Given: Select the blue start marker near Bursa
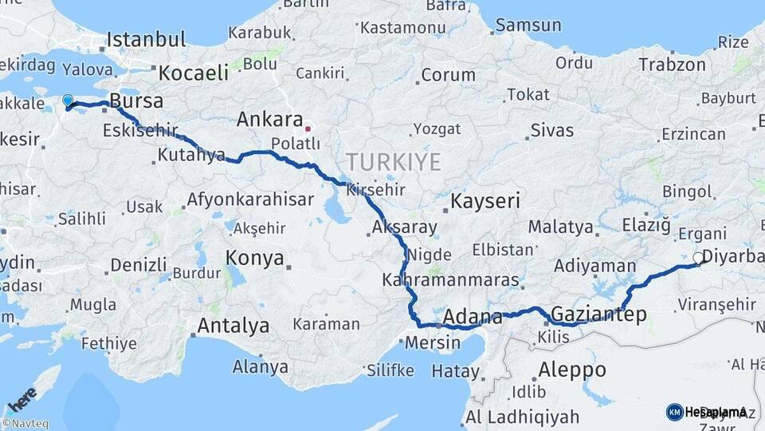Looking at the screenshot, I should pos(68,101).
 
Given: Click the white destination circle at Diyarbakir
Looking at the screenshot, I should pos(698,258).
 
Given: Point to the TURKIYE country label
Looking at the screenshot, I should pos(394,163).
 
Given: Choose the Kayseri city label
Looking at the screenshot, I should pos(486,201).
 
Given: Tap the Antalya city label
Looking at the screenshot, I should pos(233,326).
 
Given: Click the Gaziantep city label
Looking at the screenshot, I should pos(598,314).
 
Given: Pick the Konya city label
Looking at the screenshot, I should pos(255,258).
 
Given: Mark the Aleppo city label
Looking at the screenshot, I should pos(572,370).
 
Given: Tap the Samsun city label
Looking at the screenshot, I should pos(524,26).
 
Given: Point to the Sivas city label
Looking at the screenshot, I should pos(552,129).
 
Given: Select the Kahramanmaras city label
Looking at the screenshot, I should pos(451,281).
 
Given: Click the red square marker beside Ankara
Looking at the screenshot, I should pos(308,126).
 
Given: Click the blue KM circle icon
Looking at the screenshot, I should pos(674,412).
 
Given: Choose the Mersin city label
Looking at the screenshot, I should pos(433,343).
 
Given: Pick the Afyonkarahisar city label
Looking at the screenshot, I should pos(250,199).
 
